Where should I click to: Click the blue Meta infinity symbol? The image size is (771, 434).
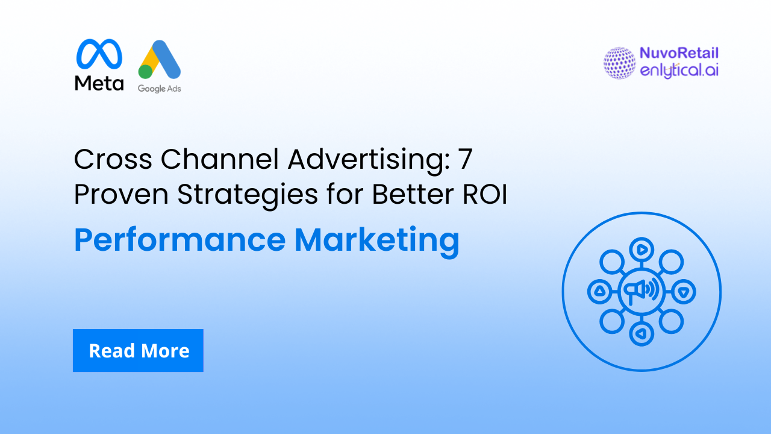click(99, 55)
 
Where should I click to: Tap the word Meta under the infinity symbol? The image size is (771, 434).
click(99, 83)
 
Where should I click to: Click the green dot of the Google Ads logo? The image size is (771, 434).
click(145, 71)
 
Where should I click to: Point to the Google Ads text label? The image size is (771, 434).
click(159, 89)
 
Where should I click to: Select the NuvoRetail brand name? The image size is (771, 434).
click(679, 54)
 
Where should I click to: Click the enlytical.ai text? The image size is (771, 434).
click(679, 71)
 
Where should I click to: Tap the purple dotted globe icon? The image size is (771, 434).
click(619, 63)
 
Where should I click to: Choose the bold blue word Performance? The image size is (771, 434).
click(179, 240)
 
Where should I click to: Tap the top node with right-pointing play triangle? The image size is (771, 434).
click(641, 248)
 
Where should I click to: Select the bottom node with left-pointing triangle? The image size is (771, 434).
click(641, 333)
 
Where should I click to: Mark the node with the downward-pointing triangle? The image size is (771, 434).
click(683, 292)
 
